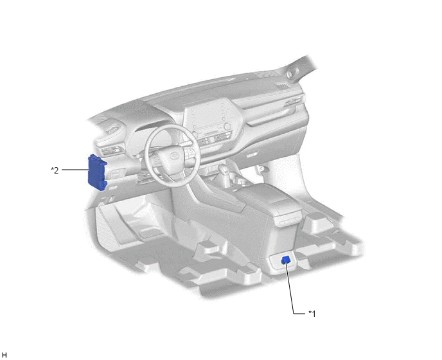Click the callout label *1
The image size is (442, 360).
pos(312,314)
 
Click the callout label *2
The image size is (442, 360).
pos(55,170)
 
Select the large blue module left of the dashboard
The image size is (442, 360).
pos(97,173)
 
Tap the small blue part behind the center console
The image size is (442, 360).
pos(286,260)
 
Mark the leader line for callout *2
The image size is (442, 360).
pos(75,170)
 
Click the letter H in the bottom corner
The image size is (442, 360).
pos(4,355)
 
